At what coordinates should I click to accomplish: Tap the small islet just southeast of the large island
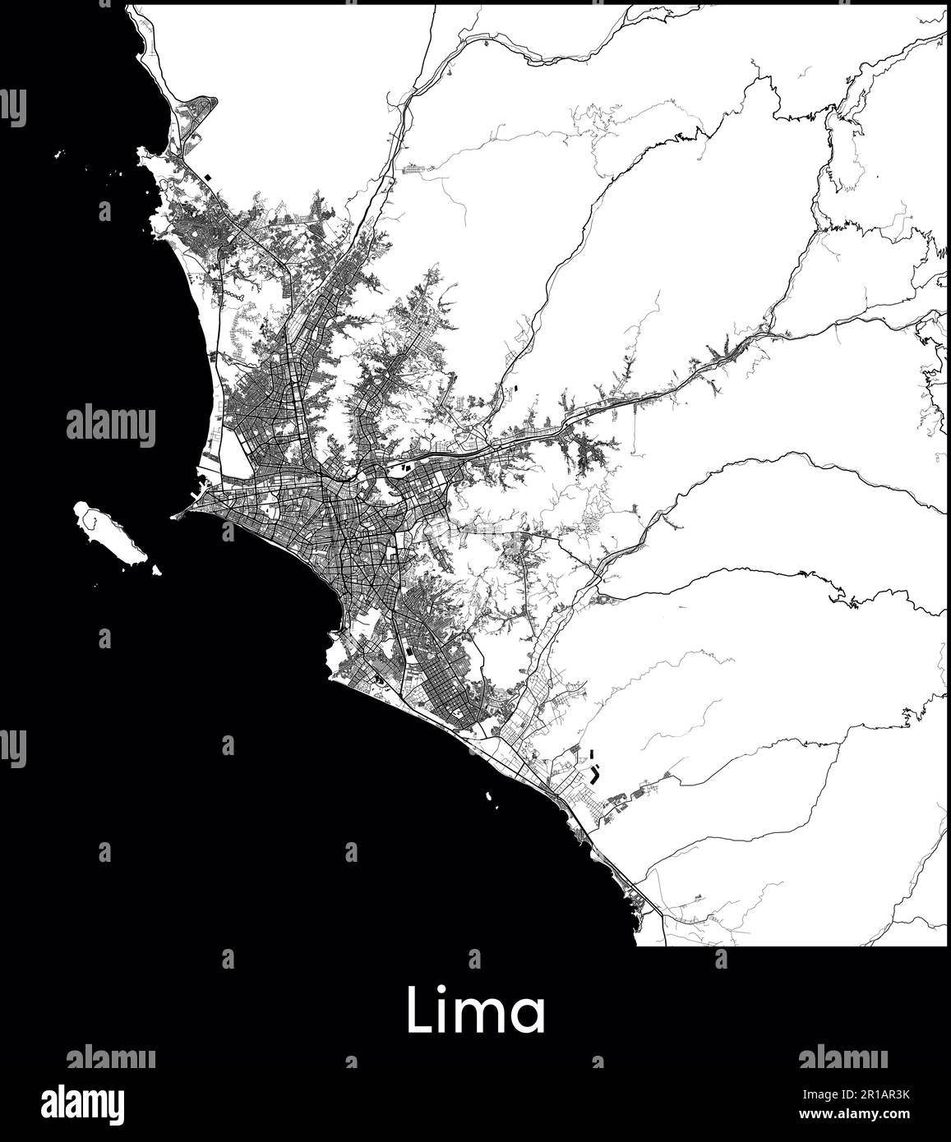pos(156,569)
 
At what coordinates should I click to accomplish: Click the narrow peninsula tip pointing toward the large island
pos(177,517)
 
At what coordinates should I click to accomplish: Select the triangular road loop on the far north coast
pos(197,111)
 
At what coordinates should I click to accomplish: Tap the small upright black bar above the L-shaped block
pos(592,752)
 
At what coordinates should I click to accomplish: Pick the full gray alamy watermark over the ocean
pos(110,426)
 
